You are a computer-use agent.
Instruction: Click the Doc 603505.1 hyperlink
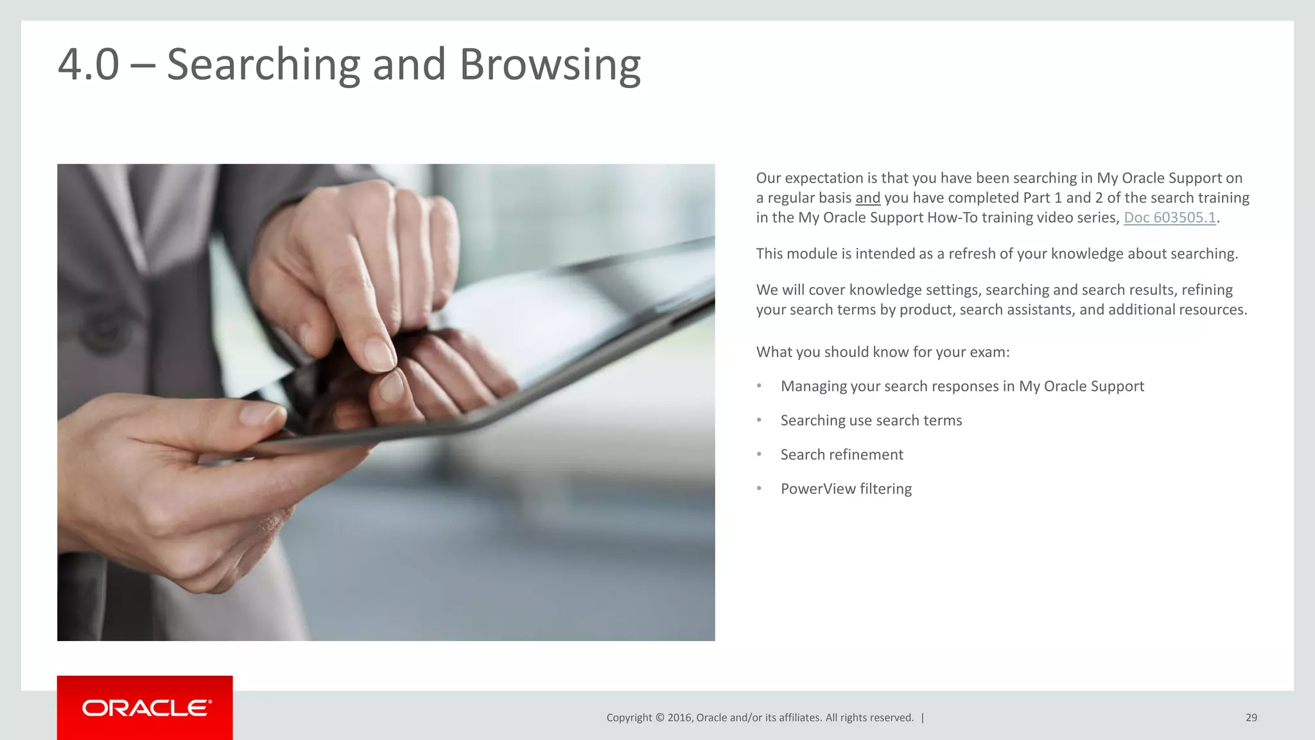point(1169,218)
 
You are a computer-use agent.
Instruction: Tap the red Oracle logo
point(145,708)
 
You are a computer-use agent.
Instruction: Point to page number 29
point(1251,718)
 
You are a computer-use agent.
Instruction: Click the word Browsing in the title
point(550,65)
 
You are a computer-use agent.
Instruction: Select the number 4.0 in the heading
point(89,65)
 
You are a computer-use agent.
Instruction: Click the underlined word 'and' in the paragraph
point(867,198)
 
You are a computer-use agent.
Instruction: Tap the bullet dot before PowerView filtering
point(759,488)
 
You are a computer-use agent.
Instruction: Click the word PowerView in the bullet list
point(818,489)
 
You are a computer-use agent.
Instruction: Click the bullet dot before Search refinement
point(759,454)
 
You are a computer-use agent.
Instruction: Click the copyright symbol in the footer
point(659,718)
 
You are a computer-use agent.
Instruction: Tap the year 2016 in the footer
point(679,718)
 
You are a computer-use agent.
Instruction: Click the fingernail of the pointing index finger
point(378,354)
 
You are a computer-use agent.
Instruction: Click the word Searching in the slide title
point(263,65)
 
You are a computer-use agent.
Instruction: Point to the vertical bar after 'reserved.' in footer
point(923,718)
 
